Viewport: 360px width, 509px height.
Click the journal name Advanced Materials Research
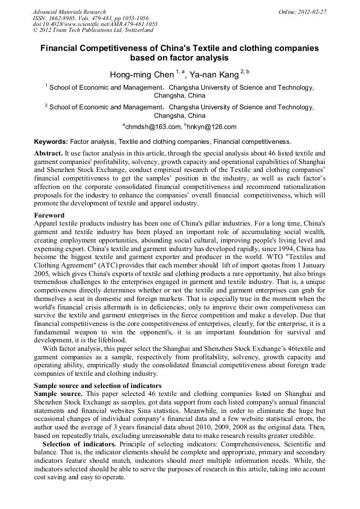pyautogui.click(x=69, y=12)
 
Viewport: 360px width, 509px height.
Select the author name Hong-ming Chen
pyautogui.click(x=141, y=75)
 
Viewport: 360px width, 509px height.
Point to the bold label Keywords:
pyautogui.click(x=51, y=142)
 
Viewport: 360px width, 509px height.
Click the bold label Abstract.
pyautogui.click(x=49, y=153)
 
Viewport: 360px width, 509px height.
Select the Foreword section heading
pyautogui.click(x=49, y=215)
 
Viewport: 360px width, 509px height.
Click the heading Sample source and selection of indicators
pyautogui.click(x=98, y=385)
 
